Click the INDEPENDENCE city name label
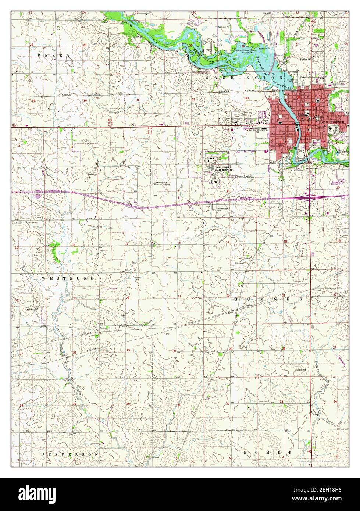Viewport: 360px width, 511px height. click(x=332, y=122)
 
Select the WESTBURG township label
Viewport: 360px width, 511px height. click(x=68, y=278)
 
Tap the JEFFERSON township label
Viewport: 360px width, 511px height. click(x=70, y=454)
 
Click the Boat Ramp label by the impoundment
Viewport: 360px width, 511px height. click(x=263, y=48)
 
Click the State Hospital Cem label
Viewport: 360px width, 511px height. click(x=223, y=209)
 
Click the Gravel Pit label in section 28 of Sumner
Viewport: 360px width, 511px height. click(x=300, y=369)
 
